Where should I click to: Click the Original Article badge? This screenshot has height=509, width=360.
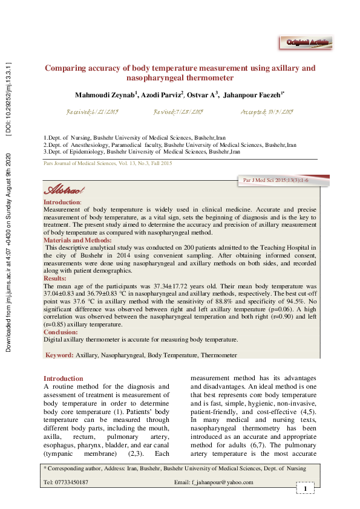307,42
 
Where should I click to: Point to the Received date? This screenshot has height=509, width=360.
91,112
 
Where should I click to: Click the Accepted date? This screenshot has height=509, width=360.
267,112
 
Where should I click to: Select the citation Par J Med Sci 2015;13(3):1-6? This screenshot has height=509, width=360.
275,181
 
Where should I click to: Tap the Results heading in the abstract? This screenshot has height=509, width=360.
55,279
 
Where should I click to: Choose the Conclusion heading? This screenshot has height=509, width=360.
61,332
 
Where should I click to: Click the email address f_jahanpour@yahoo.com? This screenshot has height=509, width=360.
222,482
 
